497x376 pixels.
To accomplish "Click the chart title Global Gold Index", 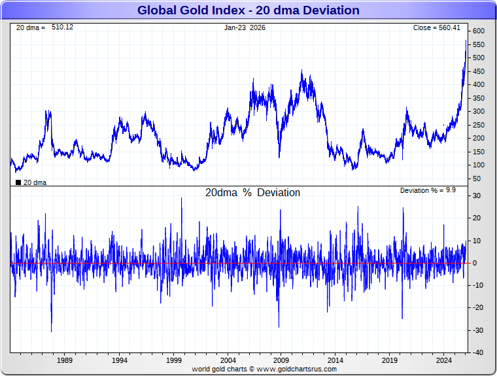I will [x=248, y=10].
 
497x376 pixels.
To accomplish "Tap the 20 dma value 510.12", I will [x=63, y=27].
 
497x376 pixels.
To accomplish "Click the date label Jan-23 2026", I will [x=245, y=27].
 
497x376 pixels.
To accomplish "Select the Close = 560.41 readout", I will [x=437, y=27].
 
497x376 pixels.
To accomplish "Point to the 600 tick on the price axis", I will [x=479, y=31].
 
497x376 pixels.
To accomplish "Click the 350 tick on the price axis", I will [x=479, y=98].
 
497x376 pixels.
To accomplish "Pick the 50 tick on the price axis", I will [x=477, y=179].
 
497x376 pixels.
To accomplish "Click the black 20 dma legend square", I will [x=18, y=182].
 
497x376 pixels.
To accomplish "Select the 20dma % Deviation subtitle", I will [x=252, y=193].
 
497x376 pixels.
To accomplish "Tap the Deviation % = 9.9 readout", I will [x=428, y=190].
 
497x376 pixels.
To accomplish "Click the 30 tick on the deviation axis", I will [x=477, y=196].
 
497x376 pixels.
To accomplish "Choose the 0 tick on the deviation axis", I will [x=475, y=263].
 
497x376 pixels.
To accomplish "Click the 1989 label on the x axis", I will [x=65, y=360].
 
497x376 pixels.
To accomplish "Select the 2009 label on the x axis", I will [x=281, y=360].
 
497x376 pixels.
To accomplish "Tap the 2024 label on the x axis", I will [x=444, y=360].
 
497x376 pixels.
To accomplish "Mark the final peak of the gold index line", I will [x=466, y=41].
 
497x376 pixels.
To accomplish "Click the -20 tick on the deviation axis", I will [x=477, y=308].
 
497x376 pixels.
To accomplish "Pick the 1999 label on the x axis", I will [x=173, y=360].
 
